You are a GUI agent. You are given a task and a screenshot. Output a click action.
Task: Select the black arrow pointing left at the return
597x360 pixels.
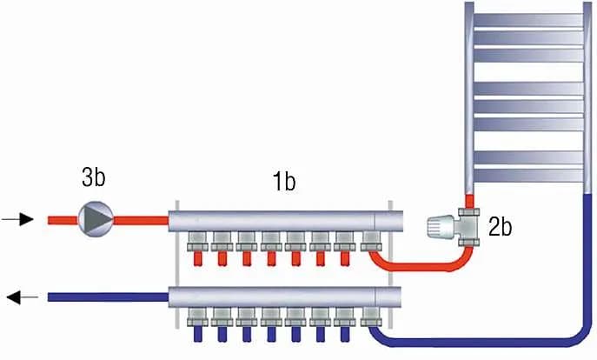[x=23, y=297]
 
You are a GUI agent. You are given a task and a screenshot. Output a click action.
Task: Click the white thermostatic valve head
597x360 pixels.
[x=441, y=229]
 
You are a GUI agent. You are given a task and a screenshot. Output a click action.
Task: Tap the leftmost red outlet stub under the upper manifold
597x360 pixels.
[x=197, y=258]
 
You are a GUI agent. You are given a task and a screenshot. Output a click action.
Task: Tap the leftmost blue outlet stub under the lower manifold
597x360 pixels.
[x=197, y=334]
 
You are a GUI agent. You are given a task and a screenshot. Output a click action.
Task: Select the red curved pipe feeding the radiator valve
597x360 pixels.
[x=417, y=265]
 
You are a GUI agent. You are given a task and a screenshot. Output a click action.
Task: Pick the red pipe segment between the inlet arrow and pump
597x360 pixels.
[x=57, y=219]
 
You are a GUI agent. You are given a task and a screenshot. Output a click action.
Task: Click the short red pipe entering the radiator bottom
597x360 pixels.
[x=470, y=199]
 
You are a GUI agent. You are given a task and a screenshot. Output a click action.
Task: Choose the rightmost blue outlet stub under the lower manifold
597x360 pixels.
[x=346, y=334]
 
